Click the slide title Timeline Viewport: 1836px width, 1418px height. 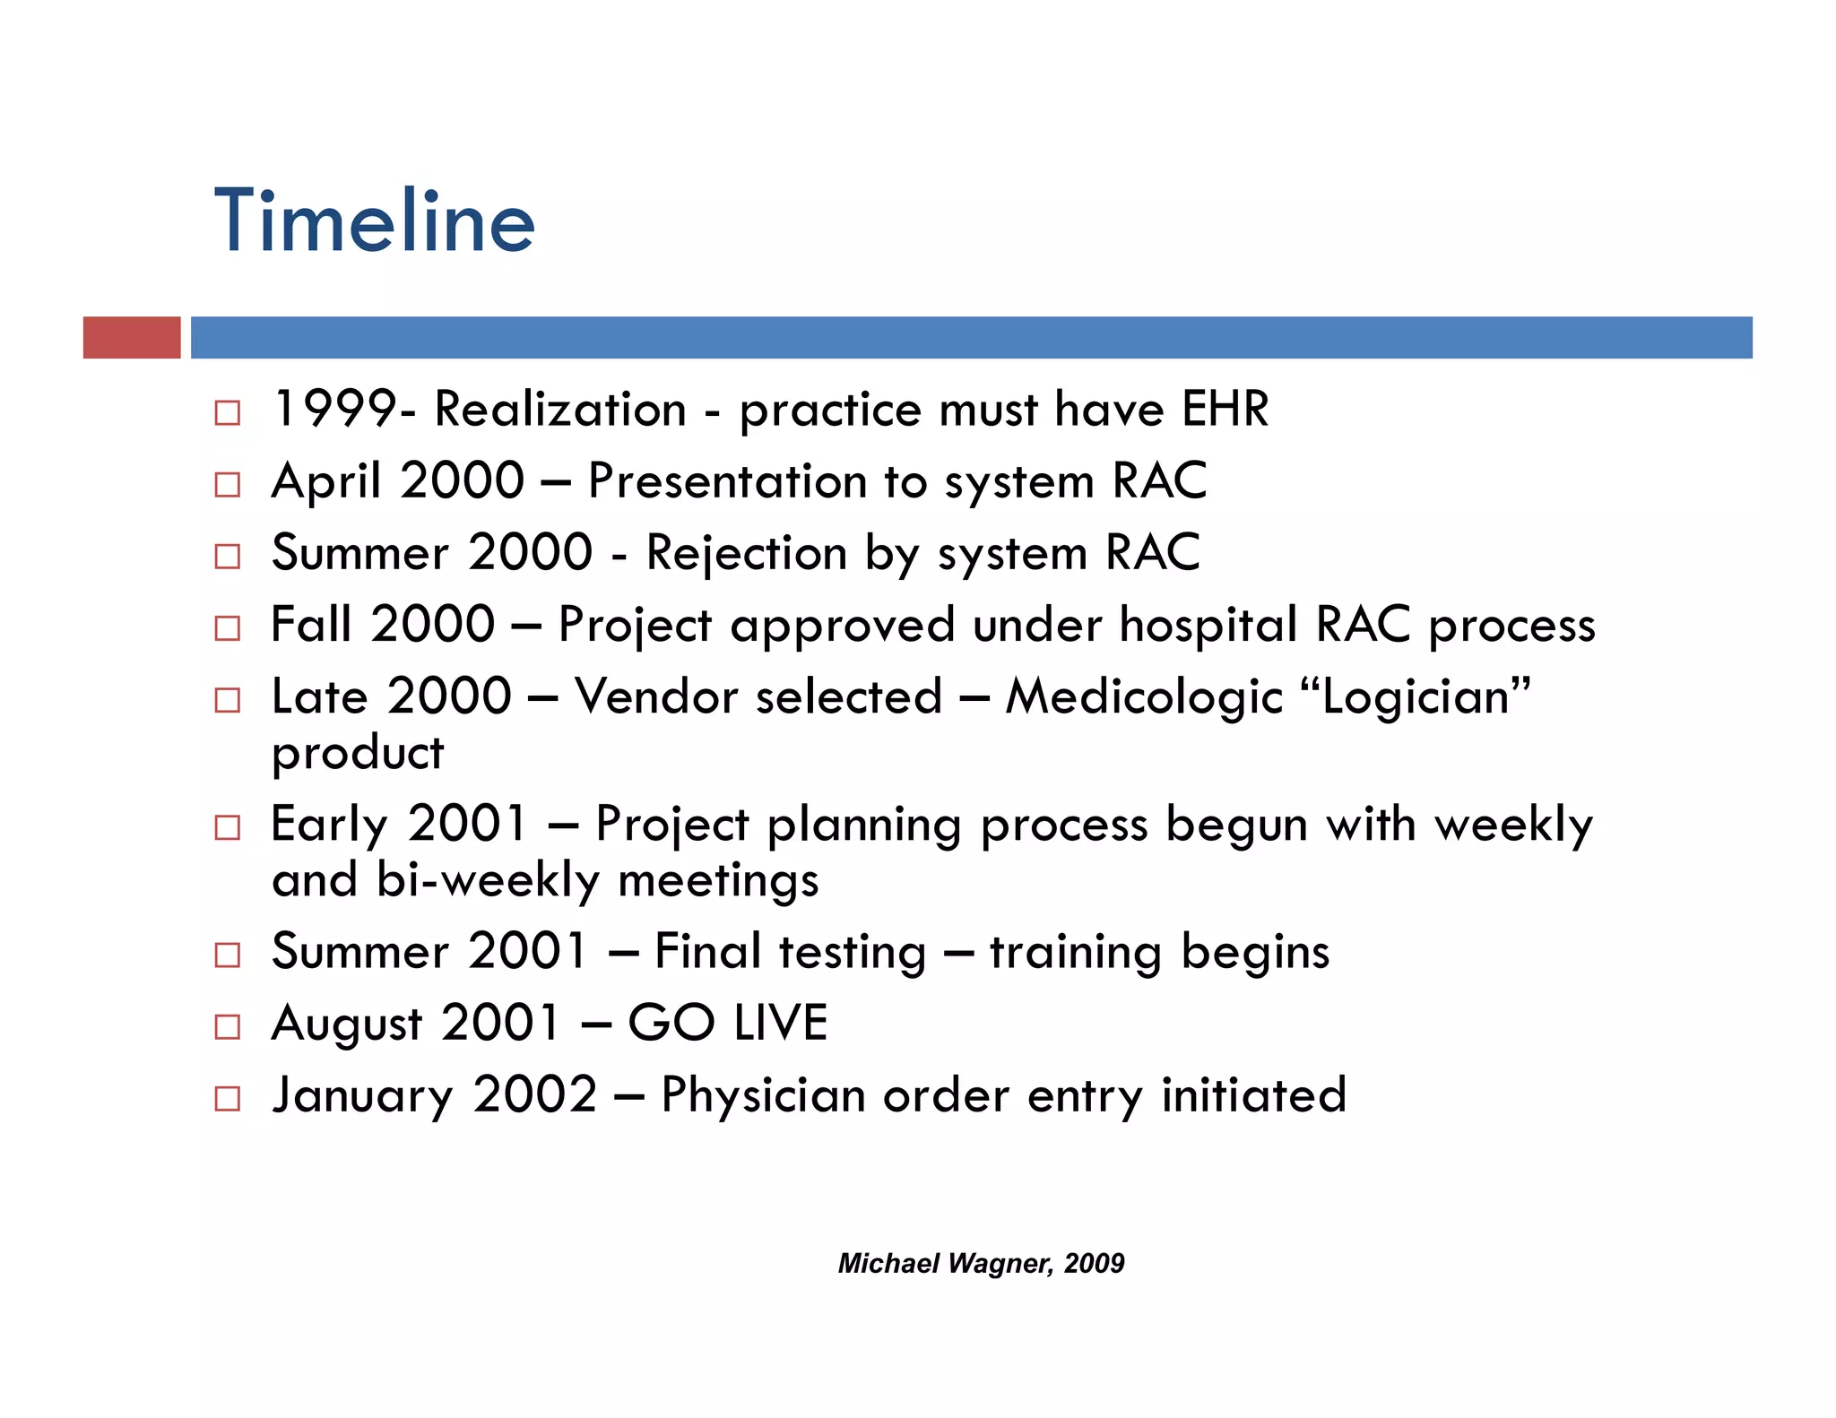pyautogui.click(x=374, y=221)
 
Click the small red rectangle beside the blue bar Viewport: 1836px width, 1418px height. pyautogui.click(x=132, y=338)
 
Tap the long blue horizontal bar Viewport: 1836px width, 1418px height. pyautogui.click(x=971, y=338)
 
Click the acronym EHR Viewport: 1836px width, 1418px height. pyautogui.click(x=1225, y=410)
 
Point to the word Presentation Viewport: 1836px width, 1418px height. pyautogui.click(x=727, y=481)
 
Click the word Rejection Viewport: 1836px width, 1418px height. pyautogui.click(x=746, y=553)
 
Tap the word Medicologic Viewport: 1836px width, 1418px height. pyautogui.click(x=1144, y=697)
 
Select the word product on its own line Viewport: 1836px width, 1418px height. pyautogui.click(x=357, y=754)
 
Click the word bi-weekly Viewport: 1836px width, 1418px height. pyautogui.click(x=487, y=880)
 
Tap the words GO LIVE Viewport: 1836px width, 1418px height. pyautogui.click(x=727, y=1023)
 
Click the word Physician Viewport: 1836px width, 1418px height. pyautogui.click(x=763, y=1095)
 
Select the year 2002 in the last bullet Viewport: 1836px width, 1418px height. pyautogui.click(x=535, y=1095)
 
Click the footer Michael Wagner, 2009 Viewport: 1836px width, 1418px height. pyautogui.click(x=981, y=1263)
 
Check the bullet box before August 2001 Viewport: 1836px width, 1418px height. pyautogui.click(x=228, y=1026)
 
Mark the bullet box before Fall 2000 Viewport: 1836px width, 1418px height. pyautogui.click(x=228, y=628)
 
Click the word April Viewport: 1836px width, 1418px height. pyautogui.click(x=326, y=481)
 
